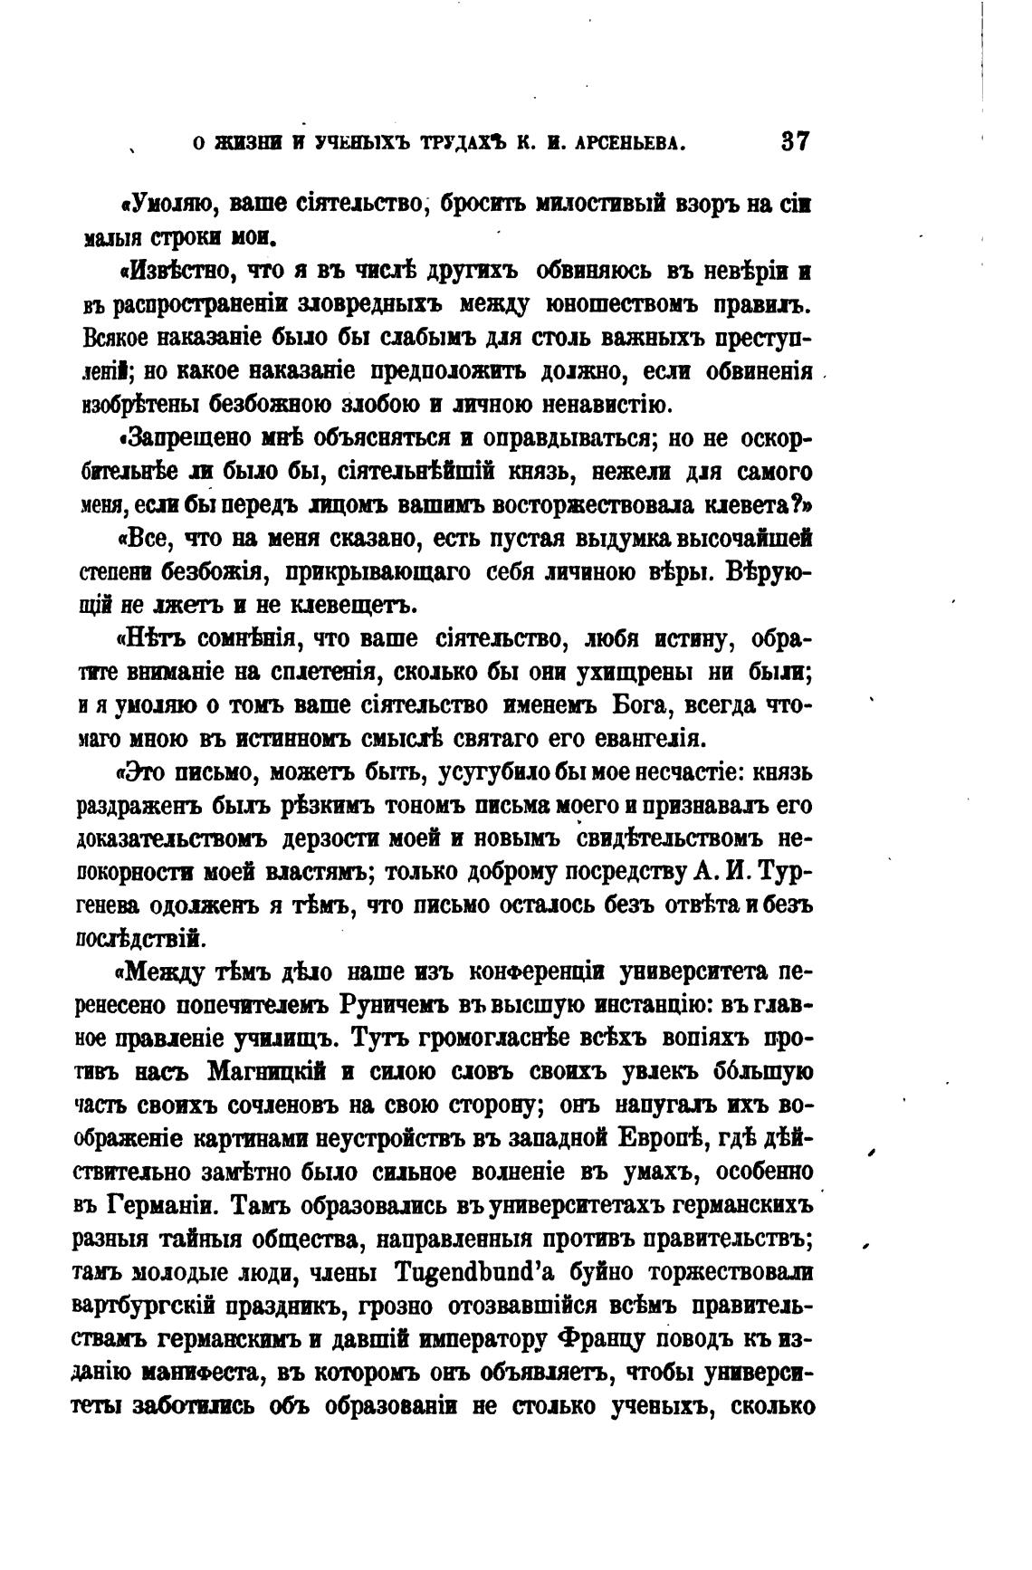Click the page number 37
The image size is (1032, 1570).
[x=793, y=142]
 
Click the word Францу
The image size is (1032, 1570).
[x=601, y=1338]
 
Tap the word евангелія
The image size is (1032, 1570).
[x=647, y=739]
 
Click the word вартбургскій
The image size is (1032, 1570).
[x=153, y=1305]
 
